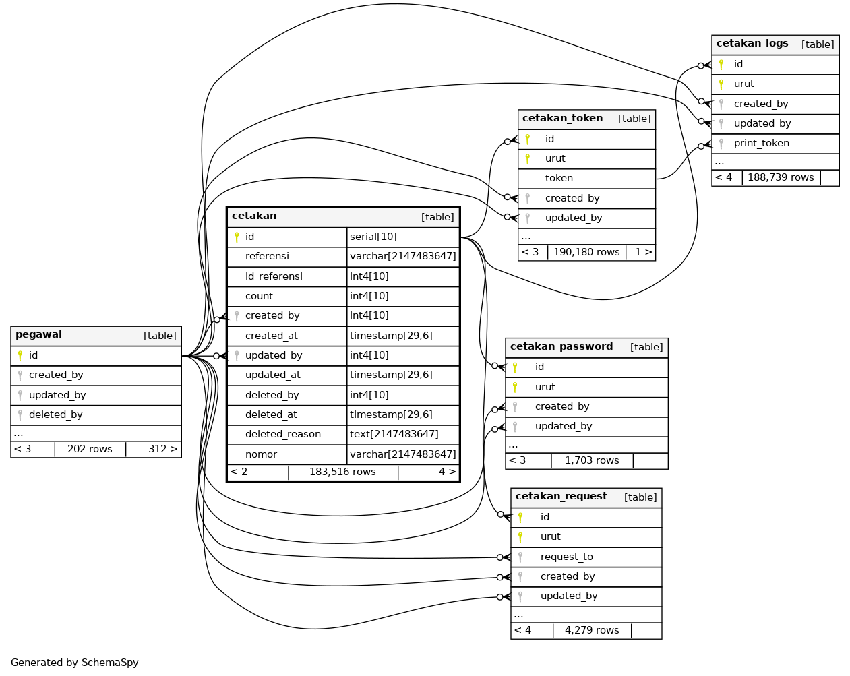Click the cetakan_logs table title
pyautogui.click(x=752, y=44)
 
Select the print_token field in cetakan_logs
pyautogui.click(x=761, y=143)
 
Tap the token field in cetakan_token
pyautogui.click(x=559, y=178)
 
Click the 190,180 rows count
pyautogui.click(x=586, y=252)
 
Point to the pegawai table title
pyautogui.click(x=38, y=335)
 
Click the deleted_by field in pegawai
pyautogui.click(x=55, y=414)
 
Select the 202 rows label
pyautogui.click(x=90, y=449)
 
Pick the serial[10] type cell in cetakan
pyautogui.click(x=373, y=237)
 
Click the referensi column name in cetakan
pyautogui.click(x=267, y=256)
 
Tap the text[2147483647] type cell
pyautogui.click(x=394, y=434)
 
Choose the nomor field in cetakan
pyautogui.click(x=261, y=454)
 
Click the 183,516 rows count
pyautogui.click(x=342, y=472)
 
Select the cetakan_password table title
pyautogui.click(x=561, y=347)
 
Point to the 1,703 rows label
pyautogui.click(x=592, y=460)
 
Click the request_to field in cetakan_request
pyautogui.click(x=566, y=557)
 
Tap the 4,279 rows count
pyautogui.click(x=592, y=630)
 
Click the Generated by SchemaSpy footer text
pyautogui.click(x=75, y=663)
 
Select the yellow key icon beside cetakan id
pyautogui.click(x=237, y=237)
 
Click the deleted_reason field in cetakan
pyautogui.click(x=282, y=434)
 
